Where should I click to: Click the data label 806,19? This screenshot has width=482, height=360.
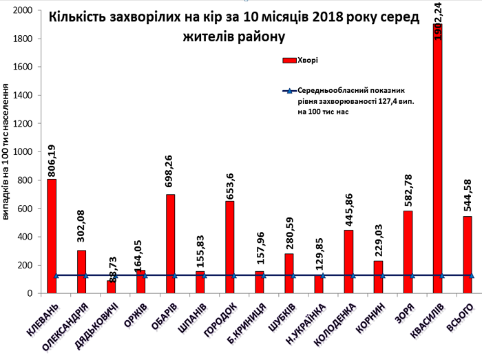pos(52,155)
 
